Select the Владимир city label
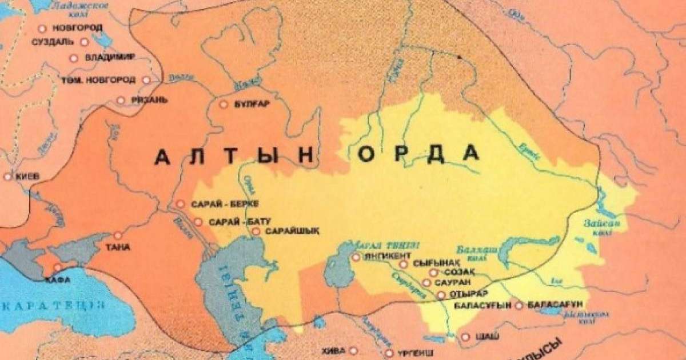click(x=109, y=58)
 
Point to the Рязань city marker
click(x=121, y=101)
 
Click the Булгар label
click(x=251, y=105)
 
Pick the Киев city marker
click(x=7, y=177)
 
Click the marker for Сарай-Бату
click(x=198, y=222)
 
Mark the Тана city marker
click(x=118, y=235)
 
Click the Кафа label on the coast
click(x=57, y=279)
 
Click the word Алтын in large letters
click(x=235, y=156)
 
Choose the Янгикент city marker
click(x=356, y=257)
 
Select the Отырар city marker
click(x=441, y=295)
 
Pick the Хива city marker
click(x=354, y=350)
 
